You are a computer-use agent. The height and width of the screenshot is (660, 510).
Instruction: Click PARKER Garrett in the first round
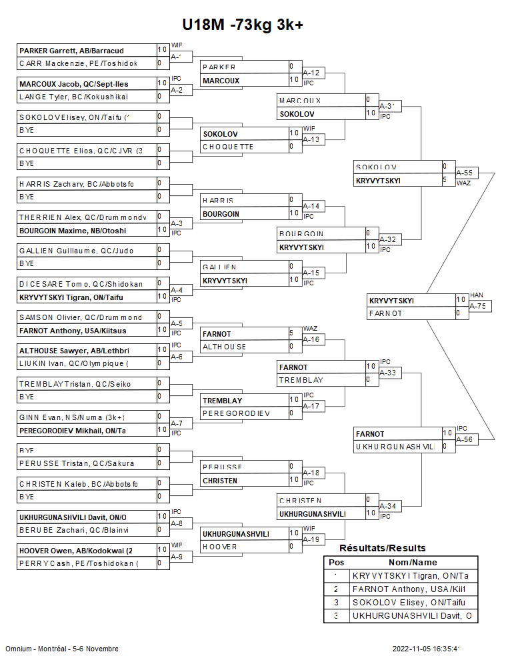[x=73, y=51]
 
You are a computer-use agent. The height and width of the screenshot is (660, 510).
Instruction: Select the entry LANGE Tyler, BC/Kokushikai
[x=73, y=97]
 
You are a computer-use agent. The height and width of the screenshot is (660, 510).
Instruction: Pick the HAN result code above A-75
[x=476, y=295]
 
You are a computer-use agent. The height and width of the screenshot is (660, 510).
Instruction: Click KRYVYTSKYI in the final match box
[x=391, y=301]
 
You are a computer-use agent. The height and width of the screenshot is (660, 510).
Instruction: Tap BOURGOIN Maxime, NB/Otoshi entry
[x=73, y=231]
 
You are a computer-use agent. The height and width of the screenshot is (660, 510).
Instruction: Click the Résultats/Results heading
[x=382, y=548]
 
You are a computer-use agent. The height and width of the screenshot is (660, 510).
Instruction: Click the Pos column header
[x=336, y=563]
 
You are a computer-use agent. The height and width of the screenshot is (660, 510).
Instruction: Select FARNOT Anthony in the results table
[x=408, y=589]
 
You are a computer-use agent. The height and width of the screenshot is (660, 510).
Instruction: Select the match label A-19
[x=311, y=539]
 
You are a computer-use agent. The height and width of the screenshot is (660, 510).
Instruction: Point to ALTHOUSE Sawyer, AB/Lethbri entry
[x=73, y=350]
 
